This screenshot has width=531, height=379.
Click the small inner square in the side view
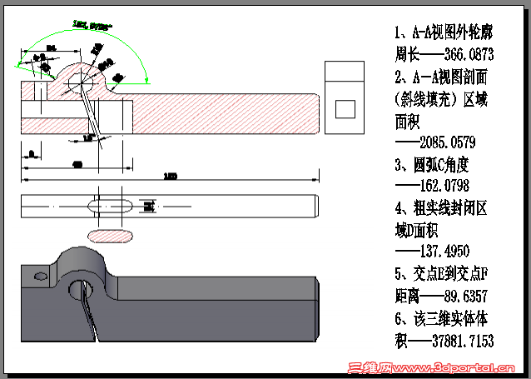point(343,108)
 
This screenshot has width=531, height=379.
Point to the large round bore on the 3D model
point(81,289)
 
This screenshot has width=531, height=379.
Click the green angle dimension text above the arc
point(92,27)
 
